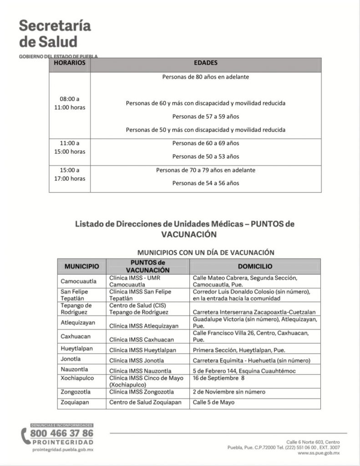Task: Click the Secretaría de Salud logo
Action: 55,34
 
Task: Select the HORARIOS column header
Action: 70,63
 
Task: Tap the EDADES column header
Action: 205,63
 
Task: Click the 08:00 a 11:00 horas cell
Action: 70,103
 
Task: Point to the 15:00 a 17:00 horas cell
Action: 70,174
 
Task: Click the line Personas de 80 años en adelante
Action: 205,77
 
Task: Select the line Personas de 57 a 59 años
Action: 205,116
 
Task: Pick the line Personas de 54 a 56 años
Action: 205,183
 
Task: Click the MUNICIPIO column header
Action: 81,266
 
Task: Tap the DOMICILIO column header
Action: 255,266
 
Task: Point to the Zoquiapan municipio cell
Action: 76,402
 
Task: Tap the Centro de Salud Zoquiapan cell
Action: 145,402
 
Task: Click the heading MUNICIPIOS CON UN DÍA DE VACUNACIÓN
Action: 205,252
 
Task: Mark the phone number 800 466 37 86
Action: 61,433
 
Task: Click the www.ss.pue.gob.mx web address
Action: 319,453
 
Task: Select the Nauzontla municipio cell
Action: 75,370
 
